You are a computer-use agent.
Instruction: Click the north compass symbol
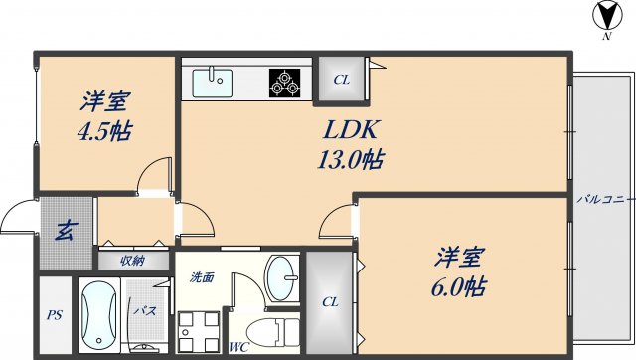tap(605, 17)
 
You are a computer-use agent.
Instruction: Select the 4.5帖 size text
tap(104, 130)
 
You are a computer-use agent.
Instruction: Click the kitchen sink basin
tap(211, 80)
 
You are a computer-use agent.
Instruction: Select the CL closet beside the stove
tap(341, 79)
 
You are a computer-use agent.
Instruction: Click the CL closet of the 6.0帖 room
tap(329, 302)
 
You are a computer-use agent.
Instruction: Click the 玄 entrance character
tap(64, 232)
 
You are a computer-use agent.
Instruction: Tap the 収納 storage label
tap(132, 261)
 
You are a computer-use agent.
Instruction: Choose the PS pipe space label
tap(54, 315)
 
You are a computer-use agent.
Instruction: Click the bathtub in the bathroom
tap(99, 315)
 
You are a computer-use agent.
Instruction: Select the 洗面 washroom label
tap(202, 277)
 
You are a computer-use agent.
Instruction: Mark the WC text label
tap(238, 347)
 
